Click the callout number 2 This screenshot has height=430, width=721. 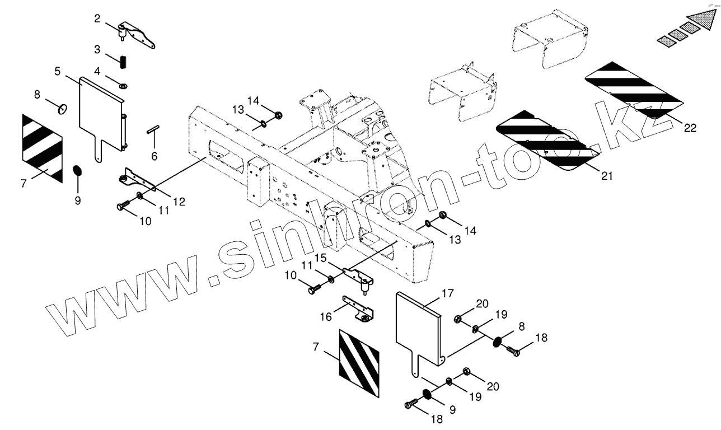pyautogui.click(x=97, y=18)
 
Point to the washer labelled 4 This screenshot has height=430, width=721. pyautogui.click(x=123, y=86)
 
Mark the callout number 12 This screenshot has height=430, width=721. pyautogui.click(x=179, y=202)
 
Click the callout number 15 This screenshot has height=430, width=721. pyautogui.click(x=320, y=258)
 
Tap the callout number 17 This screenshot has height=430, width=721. pyautogui.click(x=447, y=293)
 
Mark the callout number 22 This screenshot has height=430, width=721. pyautogui.click(x=690, y=128)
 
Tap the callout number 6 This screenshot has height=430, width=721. pyautogui.click(x=154, y=156)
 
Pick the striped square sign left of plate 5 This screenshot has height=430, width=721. pyautogui.click(x=43, y=148)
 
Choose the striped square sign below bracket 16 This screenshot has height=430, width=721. pyautogui.click(x=359, y=354)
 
